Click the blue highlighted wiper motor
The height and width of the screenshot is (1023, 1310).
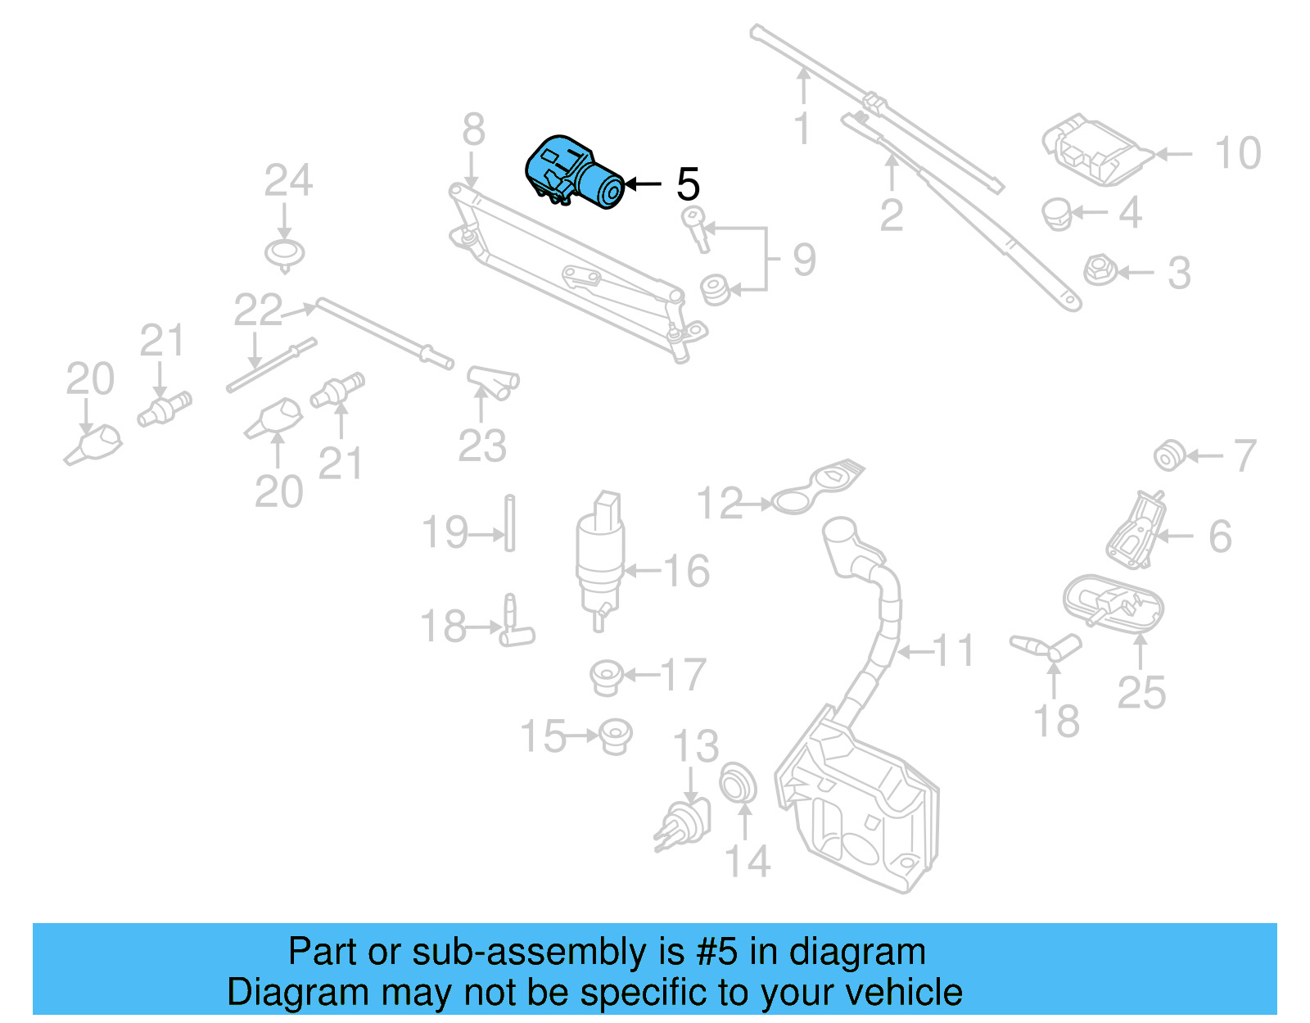click(573, 174)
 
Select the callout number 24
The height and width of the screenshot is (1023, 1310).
click(288, 181)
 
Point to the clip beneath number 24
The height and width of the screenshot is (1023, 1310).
click(285, 254)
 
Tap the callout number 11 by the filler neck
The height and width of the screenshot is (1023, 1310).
click(954, 651)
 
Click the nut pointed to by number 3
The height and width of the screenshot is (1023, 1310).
click(1097, 271)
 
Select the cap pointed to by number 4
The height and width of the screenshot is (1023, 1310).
click(1057, 214)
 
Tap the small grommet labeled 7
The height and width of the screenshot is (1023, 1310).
click(1168, 455)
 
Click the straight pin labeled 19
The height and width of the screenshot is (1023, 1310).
click(509, 523)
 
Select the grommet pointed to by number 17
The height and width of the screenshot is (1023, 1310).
click(607, 677)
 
